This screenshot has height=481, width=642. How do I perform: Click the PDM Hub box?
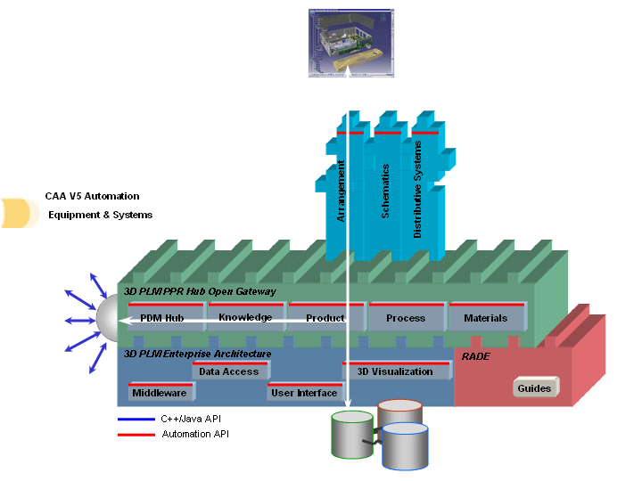[x=162, y=318]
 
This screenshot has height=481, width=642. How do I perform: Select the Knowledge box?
[x=245, y=317]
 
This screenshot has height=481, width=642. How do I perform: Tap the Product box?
[x=325, y=318]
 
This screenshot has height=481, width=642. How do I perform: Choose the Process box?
[x=406, y=318]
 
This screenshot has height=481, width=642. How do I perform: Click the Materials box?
[x=486, y=318]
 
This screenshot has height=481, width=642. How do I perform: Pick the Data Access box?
[x=229, y=371]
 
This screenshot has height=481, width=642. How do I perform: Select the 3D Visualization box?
[x=395, y=371]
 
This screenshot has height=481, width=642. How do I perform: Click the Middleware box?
[x=159, y=392]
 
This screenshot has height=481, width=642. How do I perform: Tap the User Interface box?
[x=304, y=392]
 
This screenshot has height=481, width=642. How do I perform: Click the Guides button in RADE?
[x=535, y=388]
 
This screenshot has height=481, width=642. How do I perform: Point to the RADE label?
[x=475, y=355]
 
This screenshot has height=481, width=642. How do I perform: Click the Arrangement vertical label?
[x=341, y=191]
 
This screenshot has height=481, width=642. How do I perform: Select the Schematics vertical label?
[x=385, y=191]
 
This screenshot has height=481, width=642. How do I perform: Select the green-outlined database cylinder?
[x=352, y=435]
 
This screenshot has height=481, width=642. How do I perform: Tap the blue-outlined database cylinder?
[x=406, y=445]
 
